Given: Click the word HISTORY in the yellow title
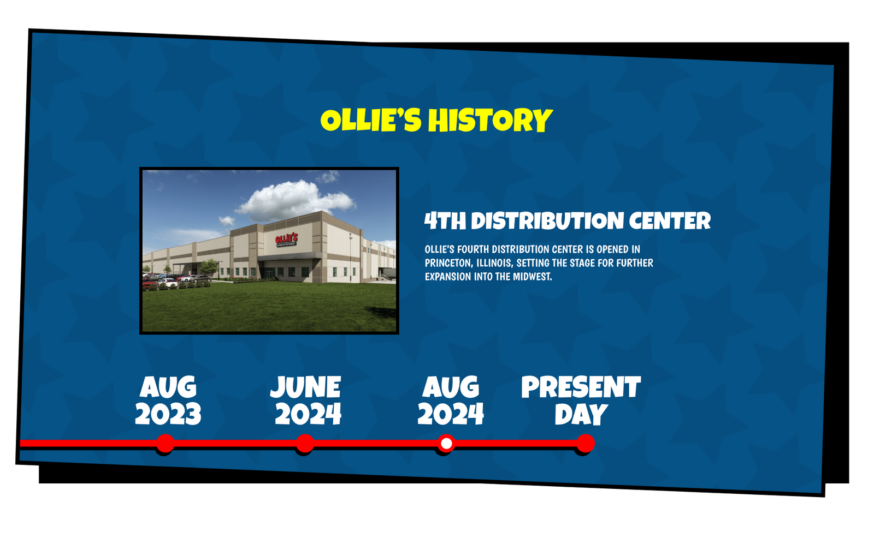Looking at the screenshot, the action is (x=490, y=121).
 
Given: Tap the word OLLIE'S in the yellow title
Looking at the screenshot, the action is (x=371, y=120).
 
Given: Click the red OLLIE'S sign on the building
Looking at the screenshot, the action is (x=286, y=239).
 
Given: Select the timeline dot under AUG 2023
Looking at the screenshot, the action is (x=165, y=444).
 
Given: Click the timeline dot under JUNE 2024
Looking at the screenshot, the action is (x=305, y=444).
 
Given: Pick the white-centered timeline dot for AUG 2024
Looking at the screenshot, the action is (x=446, y=444).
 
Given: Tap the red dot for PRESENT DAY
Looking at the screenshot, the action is (x=585, y=444).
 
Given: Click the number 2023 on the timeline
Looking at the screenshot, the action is (x=168, y=414).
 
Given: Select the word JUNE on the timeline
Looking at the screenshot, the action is (x=305, y=387).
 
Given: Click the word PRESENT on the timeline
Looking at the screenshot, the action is (x=581, y=387).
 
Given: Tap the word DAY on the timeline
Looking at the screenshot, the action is (x=581, y=414).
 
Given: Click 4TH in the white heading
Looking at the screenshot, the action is (x=445, y=221).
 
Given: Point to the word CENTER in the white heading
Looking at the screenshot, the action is (x=670, y=221).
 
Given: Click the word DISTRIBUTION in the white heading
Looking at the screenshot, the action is (x=547, y=221).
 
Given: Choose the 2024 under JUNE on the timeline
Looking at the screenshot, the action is (x=308, y=414).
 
